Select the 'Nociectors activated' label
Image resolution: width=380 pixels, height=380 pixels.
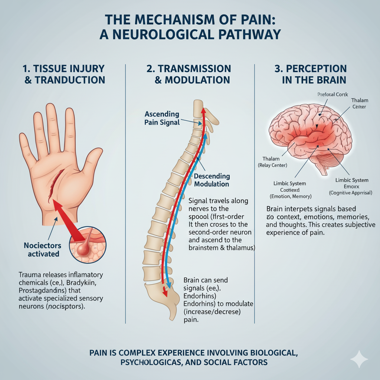pos(42,249)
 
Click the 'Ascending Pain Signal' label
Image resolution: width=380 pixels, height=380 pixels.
pos(162,118)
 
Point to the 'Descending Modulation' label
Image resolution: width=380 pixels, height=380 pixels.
pos(212,180)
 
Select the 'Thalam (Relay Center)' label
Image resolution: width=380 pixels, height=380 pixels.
pos(272,162)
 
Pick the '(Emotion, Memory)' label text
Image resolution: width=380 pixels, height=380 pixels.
pos(290,196)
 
